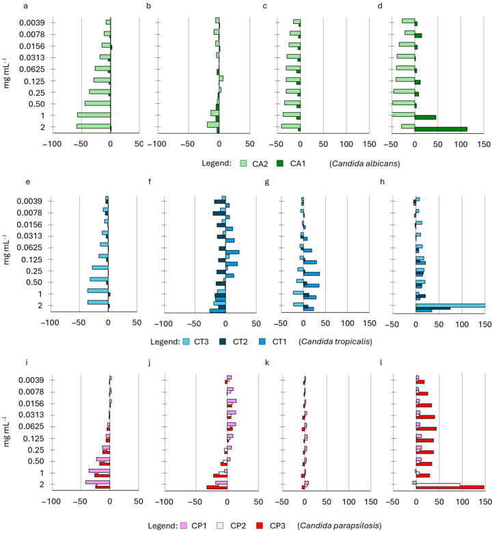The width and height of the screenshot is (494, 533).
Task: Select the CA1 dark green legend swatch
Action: [282, 163]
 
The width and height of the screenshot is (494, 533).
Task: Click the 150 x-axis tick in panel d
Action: [483, 144]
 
